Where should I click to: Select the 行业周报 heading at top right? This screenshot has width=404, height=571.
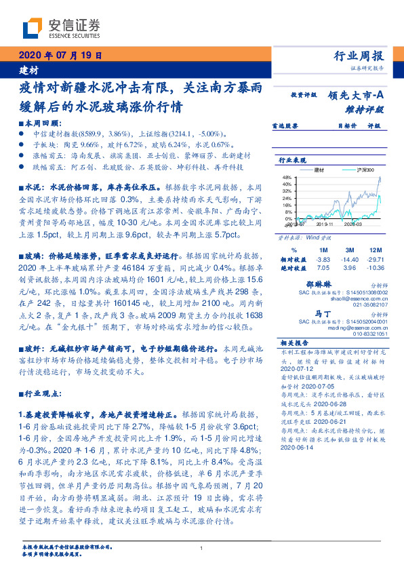click(x=359, y=56)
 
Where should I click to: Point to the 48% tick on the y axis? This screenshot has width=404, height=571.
click(x=285, y=176)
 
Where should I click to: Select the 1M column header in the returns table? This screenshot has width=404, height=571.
click(x=323, y=250)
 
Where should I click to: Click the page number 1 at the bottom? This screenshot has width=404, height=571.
click(x=202, y=548)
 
